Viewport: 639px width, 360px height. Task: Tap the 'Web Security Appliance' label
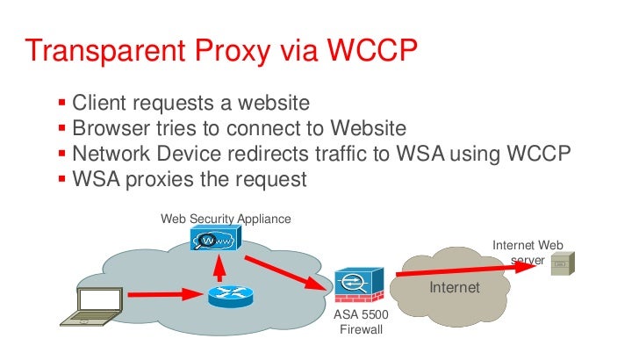225,218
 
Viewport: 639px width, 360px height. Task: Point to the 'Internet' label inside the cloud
454,287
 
